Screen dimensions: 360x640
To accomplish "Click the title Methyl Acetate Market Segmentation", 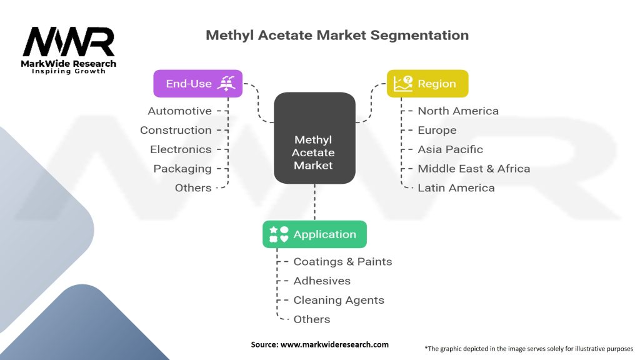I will pos(337,35).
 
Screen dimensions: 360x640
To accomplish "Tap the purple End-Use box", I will pos(197,83).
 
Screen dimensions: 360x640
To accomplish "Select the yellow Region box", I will pos(427,83).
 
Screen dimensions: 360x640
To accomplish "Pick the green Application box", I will pos(314,234).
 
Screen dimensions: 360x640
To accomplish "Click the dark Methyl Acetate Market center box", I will pos(314,137).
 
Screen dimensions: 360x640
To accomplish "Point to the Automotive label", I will pos(179,111).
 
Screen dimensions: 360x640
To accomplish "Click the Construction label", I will pos(176,130).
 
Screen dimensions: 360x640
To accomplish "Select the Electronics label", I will pos(181,149).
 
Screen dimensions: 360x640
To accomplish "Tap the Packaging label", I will pos(182,169).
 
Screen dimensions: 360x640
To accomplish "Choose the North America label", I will pos(458,111).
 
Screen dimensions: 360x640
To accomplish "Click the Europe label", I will pos(437,130).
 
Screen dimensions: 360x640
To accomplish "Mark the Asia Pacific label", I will pos(450,149).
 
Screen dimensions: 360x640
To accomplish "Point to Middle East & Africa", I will pos(474,169).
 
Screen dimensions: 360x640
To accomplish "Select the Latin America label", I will pos(456,188).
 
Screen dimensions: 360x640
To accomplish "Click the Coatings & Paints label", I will pos(342,261).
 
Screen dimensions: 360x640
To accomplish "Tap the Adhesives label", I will pos(322,281).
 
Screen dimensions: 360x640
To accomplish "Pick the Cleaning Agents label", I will pos(339,300).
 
